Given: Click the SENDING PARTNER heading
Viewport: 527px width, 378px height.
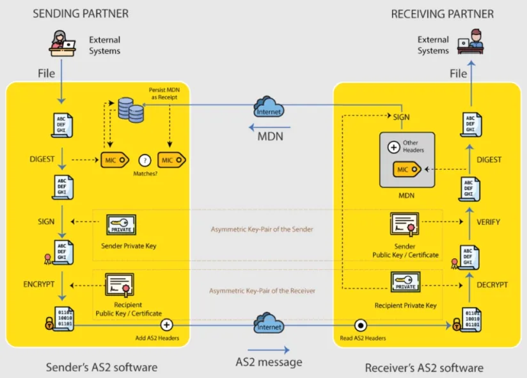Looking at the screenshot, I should [81, 13].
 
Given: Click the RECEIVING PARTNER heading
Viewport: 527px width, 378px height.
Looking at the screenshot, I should [442, 13].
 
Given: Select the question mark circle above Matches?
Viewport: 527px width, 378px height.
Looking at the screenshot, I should [145, 160].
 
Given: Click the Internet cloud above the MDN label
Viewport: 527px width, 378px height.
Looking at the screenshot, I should [269, 106].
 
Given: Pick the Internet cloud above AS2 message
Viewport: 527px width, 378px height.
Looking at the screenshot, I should [269, 322].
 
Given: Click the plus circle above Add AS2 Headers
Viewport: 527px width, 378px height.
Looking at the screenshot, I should [167, 325].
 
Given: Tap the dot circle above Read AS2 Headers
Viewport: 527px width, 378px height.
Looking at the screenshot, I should [361, 325].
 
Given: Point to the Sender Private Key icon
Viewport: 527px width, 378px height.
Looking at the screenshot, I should [121, 225].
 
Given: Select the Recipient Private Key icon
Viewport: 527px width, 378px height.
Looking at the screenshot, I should [405, 283].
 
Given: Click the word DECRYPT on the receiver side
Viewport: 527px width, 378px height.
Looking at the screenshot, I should [492, 284].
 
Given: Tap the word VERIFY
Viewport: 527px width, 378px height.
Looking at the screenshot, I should [488, 222].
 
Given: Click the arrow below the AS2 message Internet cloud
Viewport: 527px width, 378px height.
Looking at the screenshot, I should [269, 350].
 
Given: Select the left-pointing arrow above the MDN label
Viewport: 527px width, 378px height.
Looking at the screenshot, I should [269, 126].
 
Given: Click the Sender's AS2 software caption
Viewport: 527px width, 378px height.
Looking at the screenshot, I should [101, 367].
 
